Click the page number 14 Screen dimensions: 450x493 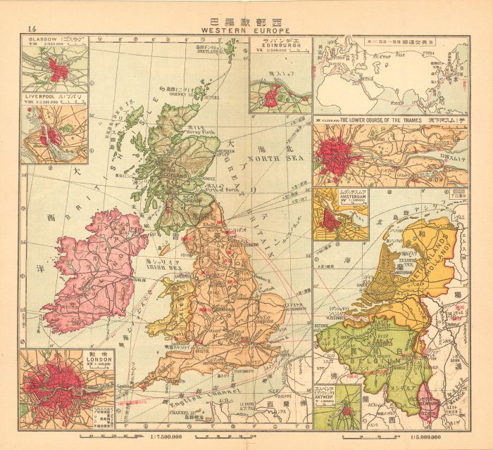[x=31, y=28]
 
